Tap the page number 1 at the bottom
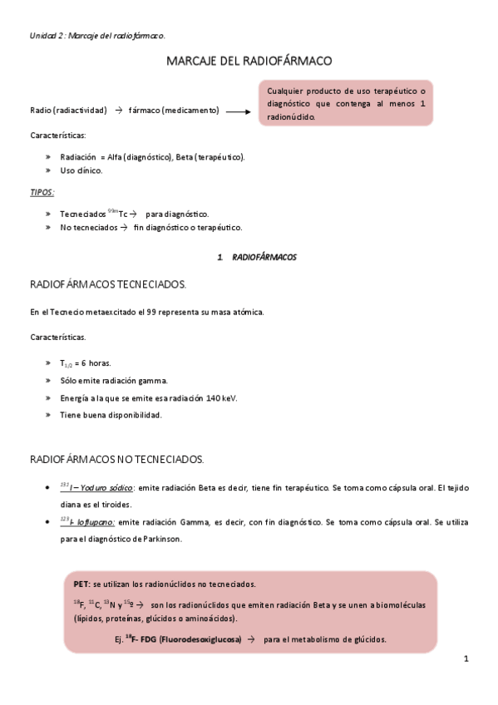tap(466, 659)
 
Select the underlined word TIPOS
tap(42, 192)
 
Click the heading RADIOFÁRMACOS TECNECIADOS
tap(108, 284)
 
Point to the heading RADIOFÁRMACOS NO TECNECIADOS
tap(116, 459)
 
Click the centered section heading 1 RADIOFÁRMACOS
tap(256, 258)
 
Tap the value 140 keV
tap(221, 398)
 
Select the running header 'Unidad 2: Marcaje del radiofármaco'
tap(96, 35)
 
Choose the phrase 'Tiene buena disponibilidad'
tap(111, 415)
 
